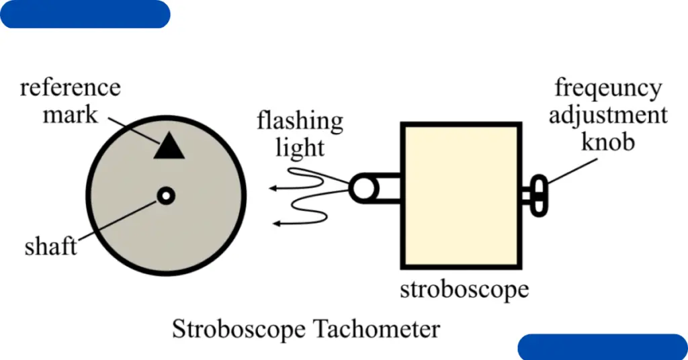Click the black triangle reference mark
click(x=169, y=147)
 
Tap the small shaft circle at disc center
click(x=166, y=195)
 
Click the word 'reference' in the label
click(x=70, y=87)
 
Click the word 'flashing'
click(x=300, y=122)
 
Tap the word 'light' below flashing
click(x=300, y=147)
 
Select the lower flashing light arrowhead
click(x=277, y=222)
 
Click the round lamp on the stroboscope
click(x=363, y=187)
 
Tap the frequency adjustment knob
click(x=539, y=195)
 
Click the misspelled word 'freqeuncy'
click(x=608, y=88)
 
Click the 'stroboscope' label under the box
click(x=464, y=290)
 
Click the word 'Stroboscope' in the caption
click(x=241, y=329)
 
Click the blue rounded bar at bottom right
click(x=603, y=347)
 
